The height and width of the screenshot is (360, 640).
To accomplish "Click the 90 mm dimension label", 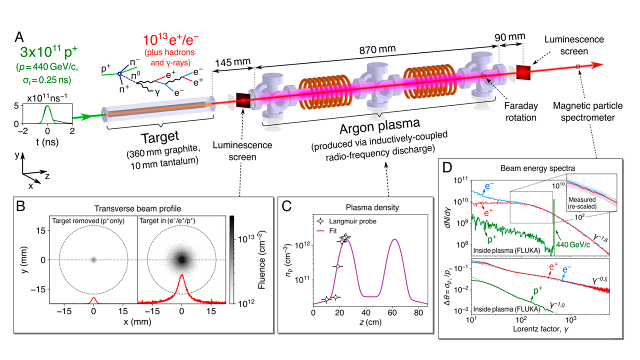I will pyautogui.click(x=512, y=38).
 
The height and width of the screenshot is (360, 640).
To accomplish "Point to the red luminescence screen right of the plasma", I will pyautogui.click(x=523, y=73).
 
